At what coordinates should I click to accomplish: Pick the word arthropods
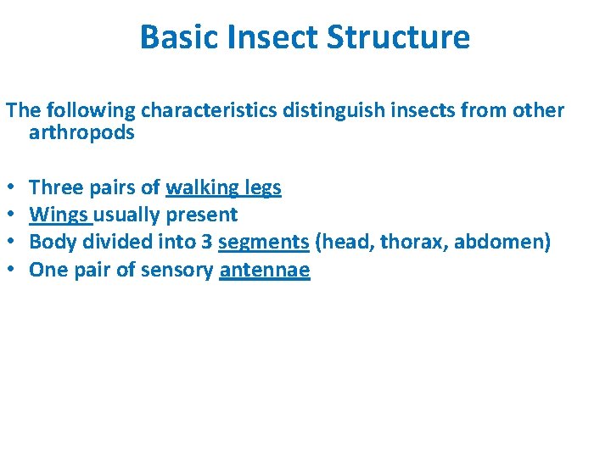[x=81, y=133]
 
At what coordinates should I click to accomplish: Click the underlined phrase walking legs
[x=223, y=188]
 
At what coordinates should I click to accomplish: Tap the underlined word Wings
[x=59, y=215]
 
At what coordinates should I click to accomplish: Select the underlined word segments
[x=263, y=243]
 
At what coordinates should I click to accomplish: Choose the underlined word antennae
[x=264, y=271]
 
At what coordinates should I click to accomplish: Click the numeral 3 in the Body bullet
[x=206, y=243]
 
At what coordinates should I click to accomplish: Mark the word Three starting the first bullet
[x=53, y=188]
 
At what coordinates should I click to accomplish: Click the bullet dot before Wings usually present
[x=11, y=215]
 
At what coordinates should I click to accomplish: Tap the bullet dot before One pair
[x=11, y=271]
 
